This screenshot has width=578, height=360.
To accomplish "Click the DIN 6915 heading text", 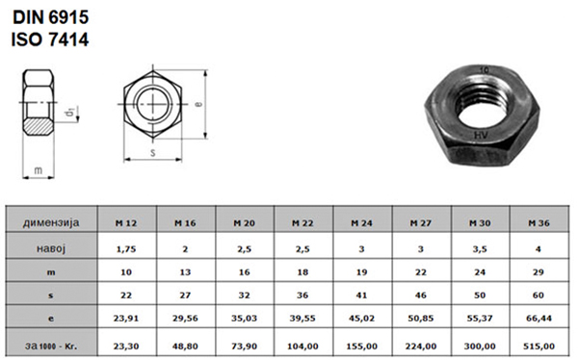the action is [x=51, y=17].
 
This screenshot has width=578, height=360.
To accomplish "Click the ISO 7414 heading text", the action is [x=50, y=39].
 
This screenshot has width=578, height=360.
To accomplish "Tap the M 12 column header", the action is [x=126, y=223].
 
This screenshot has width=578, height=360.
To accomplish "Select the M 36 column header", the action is [x=539, y=223].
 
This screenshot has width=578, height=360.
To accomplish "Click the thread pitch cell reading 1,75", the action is [x=126, y=249].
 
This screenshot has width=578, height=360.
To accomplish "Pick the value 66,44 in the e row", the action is [x=539, y=318].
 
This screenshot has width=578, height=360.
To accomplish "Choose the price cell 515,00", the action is [x=539, y=346].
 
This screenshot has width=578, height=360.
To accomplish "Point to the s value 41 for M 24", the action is [x=361, y=296].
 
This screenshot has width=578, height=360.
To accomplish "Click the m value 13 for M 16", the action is [x=185, y=272].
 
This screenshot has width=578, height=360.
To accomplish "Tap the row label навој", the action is [x=51, y=248].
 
